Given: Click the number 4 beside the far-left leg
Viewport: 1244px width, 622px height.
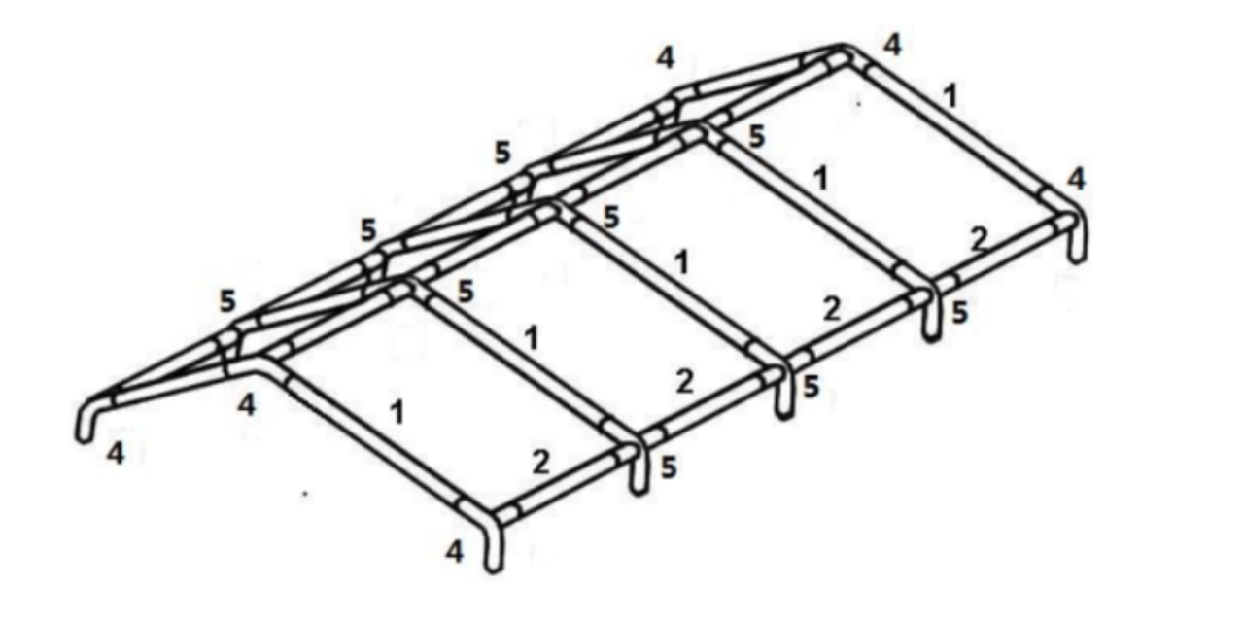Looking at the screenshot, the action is click(116, 453).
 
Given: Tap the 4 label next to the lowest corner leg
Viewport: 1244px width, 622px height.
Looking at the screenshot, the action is click(454, 551).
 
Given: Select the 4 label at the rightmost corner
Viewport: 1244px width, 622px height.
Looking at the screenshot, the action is click(1076, 179).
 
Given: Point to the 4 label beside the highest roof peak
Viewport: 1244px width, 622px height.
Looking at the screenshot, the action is click(892, 45).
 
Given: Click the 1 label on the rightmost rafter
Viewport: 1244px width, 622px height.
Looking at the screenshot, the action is click(950, 95).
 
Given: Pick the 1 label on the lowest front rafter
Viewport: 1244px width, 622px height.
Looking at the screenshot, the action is click(397, 413).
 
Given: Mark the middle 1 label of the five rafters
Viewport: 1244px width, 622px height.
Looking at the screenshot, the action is click(682, 261).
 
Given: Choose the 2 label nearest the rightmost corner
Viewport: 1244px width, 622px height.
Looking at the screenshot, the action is click(979, 239).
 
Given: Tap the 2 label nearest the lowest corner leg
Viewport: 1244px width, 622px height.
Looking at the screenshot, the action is click(541, 462).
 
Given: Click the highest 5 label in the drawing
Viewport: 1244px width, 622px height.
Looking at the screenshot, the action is click(756, 136).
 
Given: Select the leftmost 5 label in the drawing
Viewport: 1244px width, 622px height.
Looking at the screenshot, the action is click(227, 301).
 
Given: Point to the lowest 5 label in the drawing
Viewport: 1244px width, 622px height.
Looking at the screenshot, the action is click(669, 467).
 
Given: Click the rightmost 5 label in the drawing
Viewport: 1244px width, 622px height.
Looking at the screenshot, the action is click(959, 313).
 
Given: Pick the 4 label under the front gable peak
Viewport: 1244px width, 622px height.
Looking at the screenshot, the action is click(246, 405).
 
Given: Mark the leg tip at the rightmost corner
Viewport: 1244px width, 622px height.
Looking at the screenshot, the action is click(1078, 259).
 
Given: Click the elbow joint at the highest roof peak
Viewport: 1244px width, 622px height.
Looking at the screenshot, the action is click(843, 53).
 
